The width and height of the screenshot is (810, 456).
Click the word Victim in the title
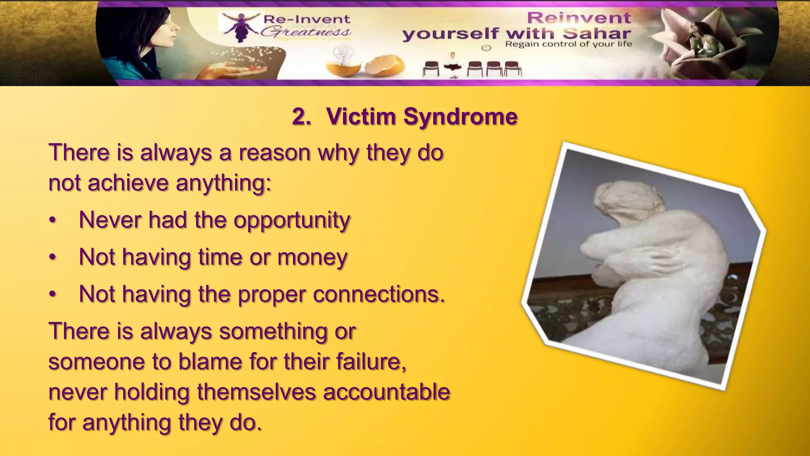pyautogui.click(x=361, y=117)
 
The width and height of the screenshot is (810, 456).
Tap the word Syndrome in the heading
pyautogui.click(x=460, y=117)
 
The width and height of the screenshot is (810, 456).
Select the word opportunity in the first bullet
pyautogui.click(x=292, y=220)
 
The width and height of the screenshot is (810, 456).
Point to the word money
pyautogui.click(x=312, y=257)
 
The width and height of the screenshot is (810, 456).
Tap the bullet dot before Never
pyautogui.click(x=53, y=221)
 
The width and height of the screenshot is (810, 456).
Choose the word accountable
pyautogui.click(x=387, y=392)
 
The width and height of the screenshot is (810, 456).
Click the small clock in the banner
pyautogui.click(x=486, y=48)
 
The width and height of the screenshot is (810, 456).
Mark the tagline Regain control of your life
pyautogui.click(x=568, y=44)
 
